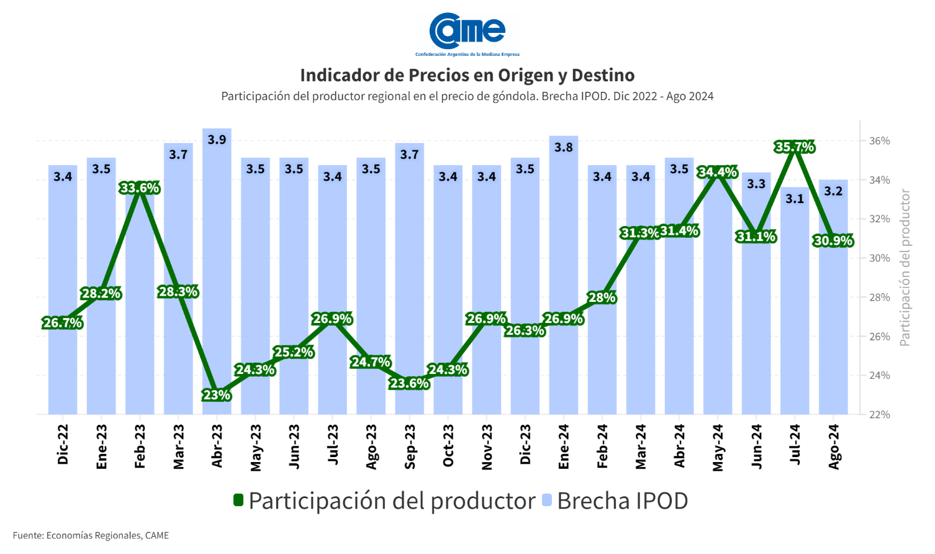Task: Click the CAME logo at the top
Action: (467, 32)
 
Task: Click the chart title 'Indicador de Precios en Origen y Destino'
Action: (467, 75)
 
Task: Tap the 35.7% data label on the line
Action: (795, 147)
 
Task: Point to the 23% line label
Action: (217, 395)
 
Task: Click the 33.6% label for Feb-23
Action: (140, 188)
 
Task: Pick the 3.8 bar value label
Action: (564, 147)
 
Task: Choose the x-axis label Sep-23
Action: (410, 447)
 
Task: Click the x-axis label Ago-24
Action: (834, 447)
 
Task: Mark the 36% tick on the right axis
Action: (879, 141)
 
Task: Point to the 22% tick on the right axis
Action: (879, 414)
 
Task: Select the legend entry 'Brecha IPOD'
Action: (622, 501)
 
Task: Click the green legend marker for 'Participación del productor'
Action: (238, 500)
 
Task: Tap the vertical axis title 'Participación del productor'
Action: (905, 268)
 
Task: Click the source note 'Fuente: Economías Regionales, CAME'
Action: (91, 535)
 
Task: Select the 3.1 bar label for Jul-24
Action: (795, 199)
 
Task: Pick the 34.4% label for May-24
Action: (718, 172)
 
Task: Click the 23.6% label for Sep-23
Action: (410, 384)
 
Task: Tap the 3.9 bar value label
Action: (217, 140)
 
